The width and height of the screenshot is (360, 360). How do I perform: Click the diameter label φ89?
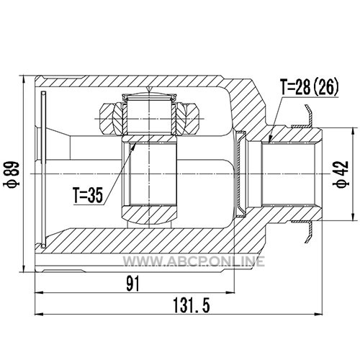[x=11, y=174]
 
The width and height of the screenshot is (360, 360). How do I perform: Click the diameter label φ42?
[x=341, y=174]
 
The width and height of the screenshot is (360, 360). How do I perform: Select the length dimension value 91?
[x=133, y=284]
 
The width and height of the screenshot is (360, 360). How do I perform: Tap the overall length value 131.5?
[x=192, y=305]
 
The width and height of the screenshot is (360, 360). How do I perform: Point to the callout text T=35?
[x=89, y=195]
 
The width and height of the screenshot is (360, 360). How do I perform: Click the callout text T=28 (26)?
[x=310, y=86]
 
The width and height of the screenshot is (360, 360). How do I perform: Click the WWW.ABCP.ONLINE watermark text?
[x=194, y=261]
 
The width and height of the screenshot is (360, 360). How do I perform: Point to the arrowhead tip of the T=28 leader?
[x=269, y=142]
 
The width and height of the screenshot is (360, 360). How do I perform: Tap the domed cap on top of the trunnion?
[x=149, y=96]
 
